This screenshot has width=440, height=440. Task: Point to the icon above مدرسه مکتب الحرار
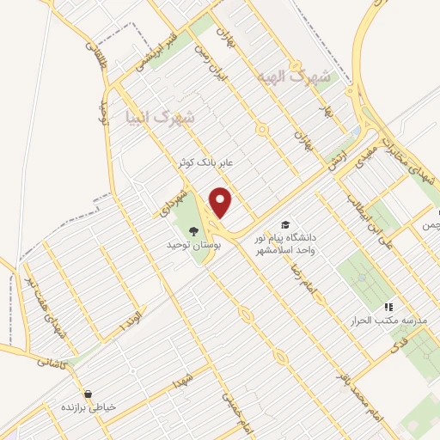tap(388, 306)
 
